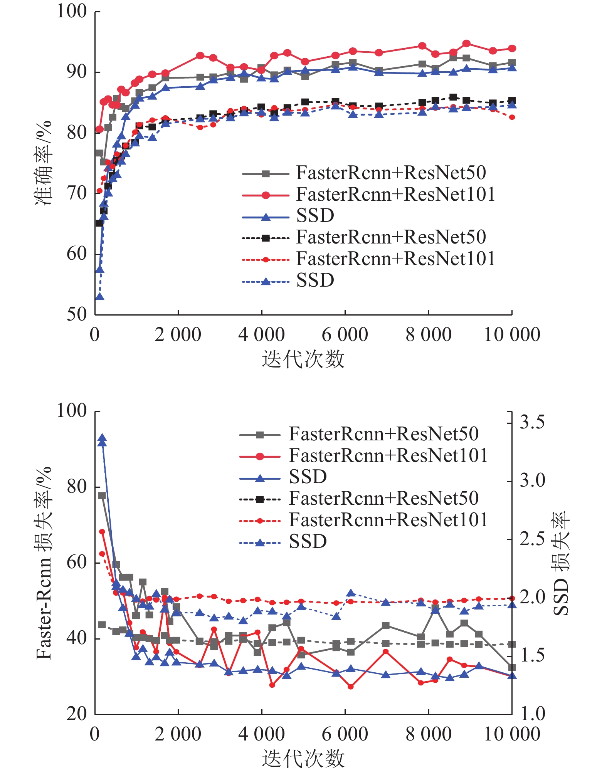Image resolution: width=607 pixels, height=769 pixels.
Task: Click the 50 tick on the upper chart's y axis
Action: click(x=77, y=314)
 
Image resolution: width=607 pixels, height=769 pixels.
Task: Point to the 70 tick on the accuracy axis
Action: click(x=77, y=193)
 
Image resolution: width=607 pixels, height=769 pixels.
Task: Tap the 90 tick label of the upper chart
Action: click(x=77, y=72)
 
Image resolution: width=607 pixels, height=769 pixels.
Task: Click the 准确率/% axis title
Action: click(x=43, y=163)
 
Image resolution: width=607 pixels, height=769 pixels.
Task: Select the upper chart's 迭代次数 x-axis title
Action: click(x=303, y=359)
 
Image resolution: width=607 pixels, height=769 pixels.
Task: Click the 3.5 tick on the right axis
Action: click(x=532, y=422)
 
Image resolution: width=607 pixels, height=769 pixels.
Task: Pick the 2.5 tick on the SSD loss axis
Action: click(x=532, y=539)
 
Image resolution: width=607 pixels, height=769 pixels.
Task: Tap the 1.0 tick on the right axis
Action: click(x=532, y=714)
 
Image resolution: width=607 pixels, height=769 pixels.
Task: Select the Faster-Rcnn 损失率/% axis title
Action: click(x=43, y=562)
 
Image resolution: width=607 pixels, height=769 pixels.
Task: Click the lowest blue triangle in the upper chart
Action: click(x=100, y=296)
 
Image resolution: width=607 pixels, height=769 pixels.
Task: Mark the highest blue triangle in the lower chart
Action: click(x=102, y=438)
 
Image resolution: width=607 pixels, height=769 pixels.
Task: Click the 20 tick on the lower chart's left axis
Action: click(x=77, y=714)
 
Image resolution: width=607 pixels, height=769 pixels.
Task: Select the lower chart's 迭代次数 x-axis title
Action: click(x=303, y=758)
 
